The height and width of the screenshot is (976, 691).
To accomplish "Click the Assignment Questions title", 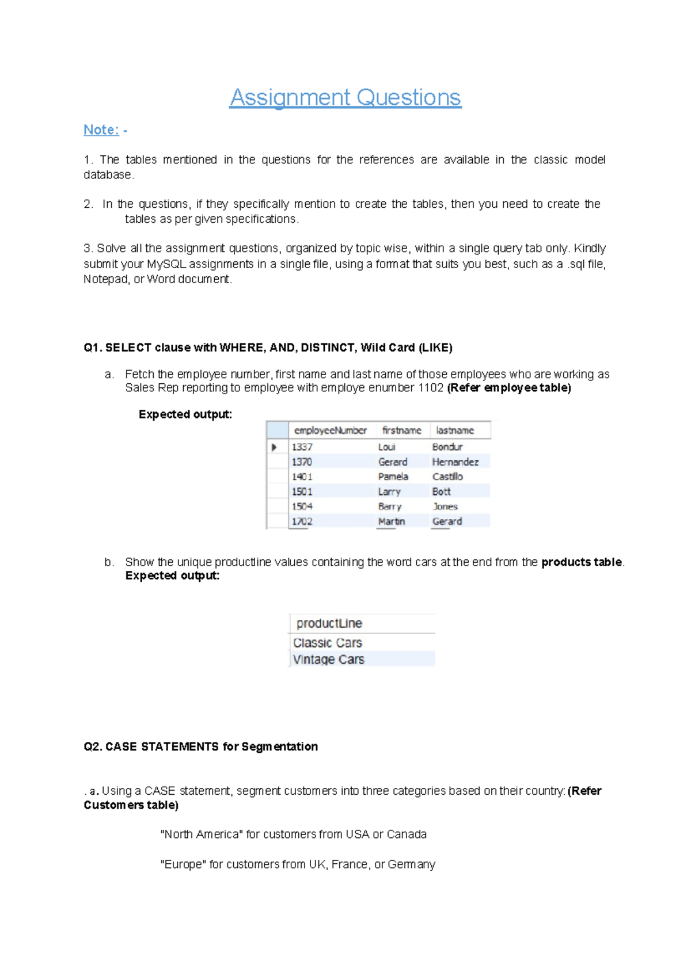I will pos(345,97).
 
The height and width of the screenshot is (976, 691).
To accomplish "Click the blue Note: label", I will pos(101,129).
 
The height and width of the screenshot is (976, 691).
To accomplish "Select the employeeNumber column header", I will pos(330,430).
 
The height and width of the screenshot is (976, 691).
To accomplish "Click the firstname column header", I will pos(401,430).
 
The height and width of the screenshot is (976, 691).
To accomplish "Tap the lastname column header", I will pos(455,430).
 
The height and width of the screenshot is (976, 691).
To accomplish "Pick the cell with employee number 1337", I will pos(302,447).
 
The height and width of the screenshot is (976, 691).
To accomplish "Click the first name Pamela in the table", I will pos(393,476).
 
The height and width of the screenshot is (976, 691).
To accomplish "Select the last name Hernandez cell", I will pos(455,462).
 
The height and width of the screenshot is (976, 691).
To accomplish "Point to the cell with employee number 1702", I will pos(302,521).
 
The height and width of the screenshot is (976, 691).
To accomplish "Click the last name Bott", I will pos(441,491).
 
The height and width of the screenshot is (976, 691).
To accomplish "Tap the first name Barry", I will pos(389,506).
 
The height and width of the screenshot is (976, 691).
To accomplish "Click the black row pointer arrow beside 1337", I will pos(274,447).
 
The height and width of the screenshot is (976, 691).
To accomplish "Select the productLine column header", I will pos(329,623).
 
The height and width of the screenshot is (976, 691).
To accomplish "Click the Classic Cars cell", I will pos(327,643).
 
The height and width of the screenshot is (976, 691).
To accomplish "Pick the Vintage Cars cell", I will pos(328,659).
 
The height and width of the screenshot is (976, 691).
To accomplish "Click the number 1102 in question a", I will pos(431,388).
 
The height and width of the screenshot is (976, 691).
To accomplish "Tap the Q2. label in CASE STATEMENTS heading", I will pos(93,746).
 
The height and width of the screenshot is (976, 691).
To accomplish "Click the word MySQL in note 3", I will pos(166,264).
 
